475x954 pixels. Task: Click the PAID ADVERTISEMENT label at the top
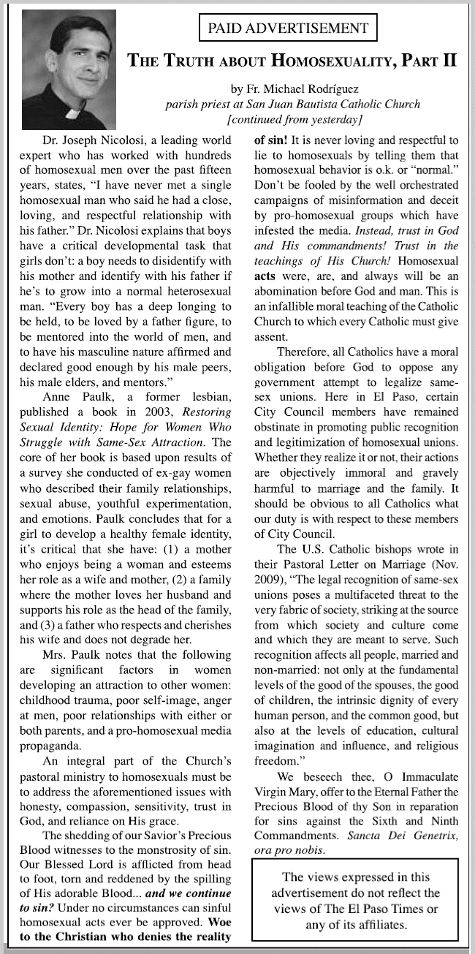pos(288,29)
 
